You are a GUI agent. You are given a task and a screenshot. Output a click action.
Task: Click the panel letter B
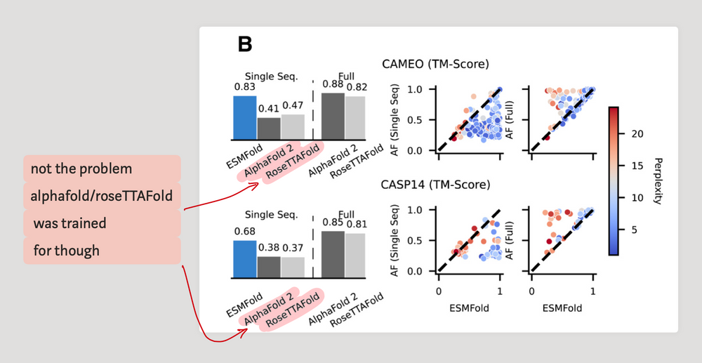(245, 45)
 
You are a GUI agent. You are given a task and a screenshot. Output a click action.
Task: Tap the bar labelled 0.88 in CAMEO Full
(333, 115)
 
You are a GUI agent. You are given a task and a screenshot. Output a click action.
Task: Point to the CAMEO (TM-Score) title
(435, 65)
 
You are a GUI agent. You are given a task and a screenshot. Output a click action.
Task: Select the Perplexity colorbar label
(656, 180)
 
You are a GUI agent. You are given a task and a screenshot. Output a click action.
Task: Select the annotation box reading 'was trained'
(70, 223)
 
